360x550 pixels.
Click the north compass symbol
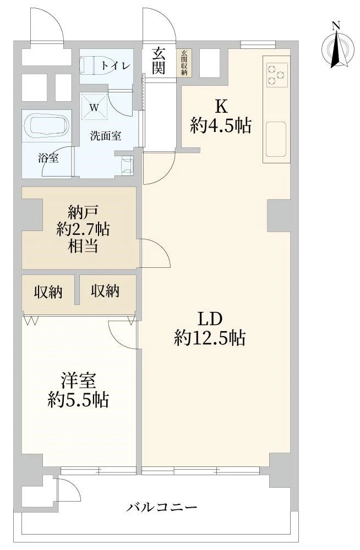pyautogui.click(x=336, y=45)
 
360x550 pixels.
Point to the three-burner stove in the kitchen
pyautogui.click(x=277, y=74)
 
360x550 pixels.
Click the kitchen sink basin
pyautogui.click(x=276, y=139)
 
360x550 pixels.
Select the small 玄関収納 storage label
pyautogui.click(x=184, y=63)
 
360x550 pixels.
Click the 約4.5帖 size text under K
pyautogui.click(x=221, y=125)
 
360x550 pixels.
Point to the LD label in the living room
pyautogui.click(x=210, y=319)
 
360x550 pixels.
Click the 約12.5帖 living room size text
pyautogui.click(x=210, y=338)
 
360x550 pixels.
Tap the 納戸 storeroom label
pyautogui.click(x=83, y=212)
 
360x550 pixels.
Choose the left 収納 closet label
pyautogui.click(x=48, y=291)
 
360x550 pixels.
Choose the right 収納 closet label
pyautogui.click(x=105, y=291)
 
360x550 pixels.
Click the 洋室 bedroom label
pyautogui.click(x=78, y=381)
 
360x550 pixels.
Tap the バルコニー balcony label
pyautogui.click(x=162, y=507)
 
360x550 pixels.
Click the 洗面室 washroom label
pyautogui.click(x=106, y=136)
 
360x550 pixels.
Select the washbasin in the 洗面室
pyautogui.click(x=127, y=166)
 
